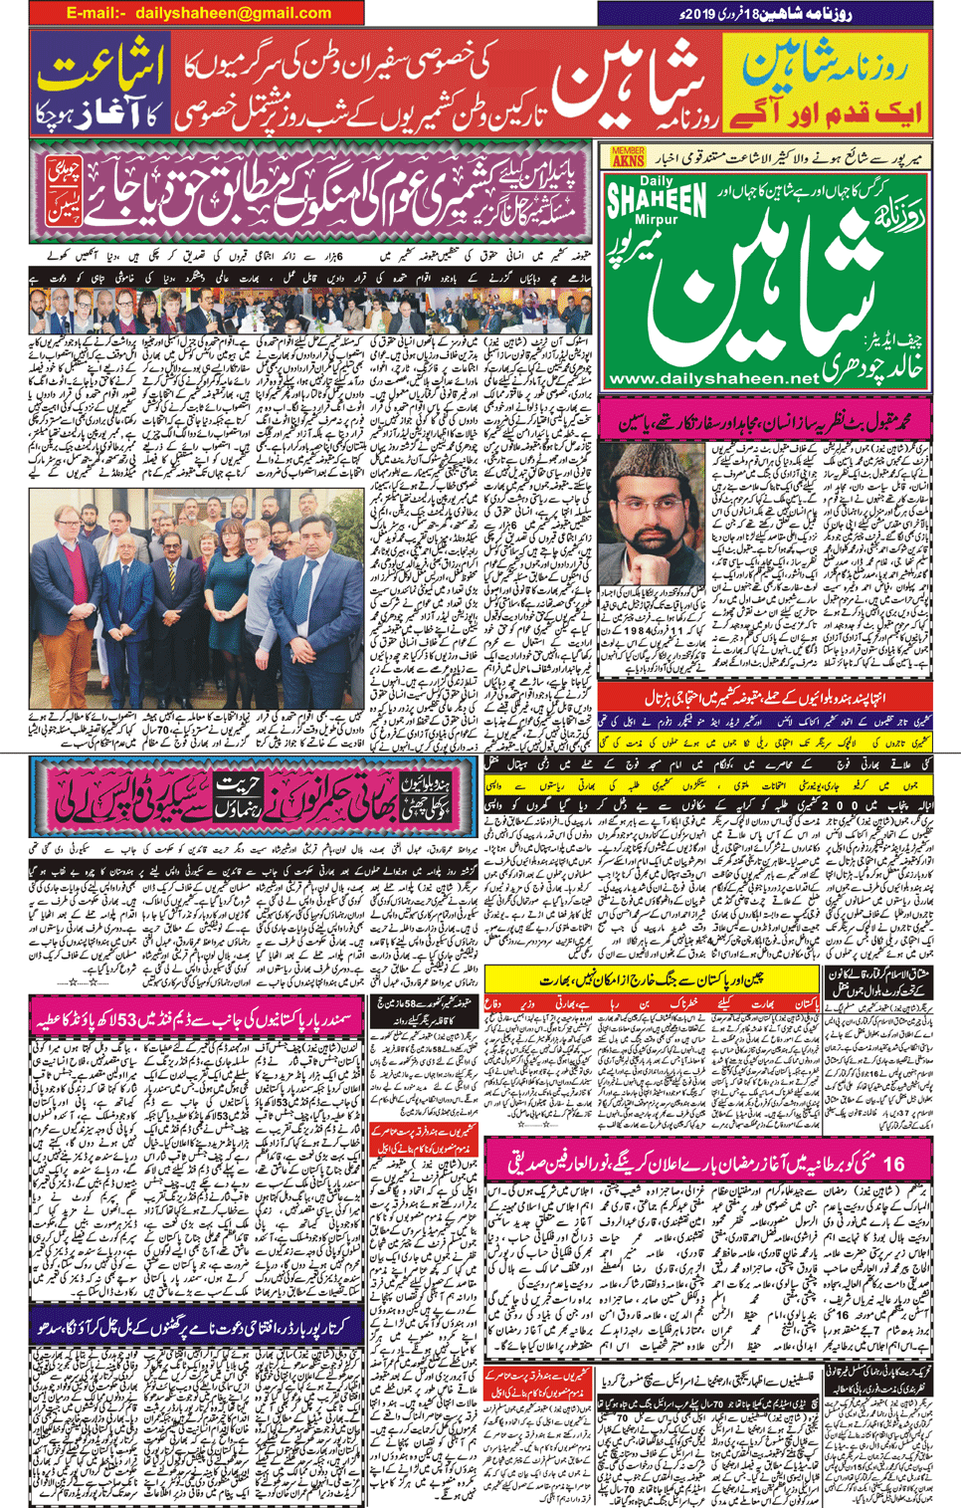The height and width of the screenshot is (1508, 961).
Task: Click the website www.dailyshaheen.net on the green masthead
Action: [712, 378]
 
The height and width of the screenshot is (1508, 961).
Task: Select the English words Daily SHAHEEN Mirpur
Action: [656, 203]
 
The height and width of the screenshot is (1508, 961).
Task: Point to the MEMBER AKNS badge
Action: [627, 156]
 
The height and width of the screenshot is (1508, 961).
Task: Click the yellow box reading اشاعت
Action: [99, 70]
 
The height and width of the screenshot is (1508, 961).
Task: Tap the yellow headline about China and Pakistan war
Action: [652, 980]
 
